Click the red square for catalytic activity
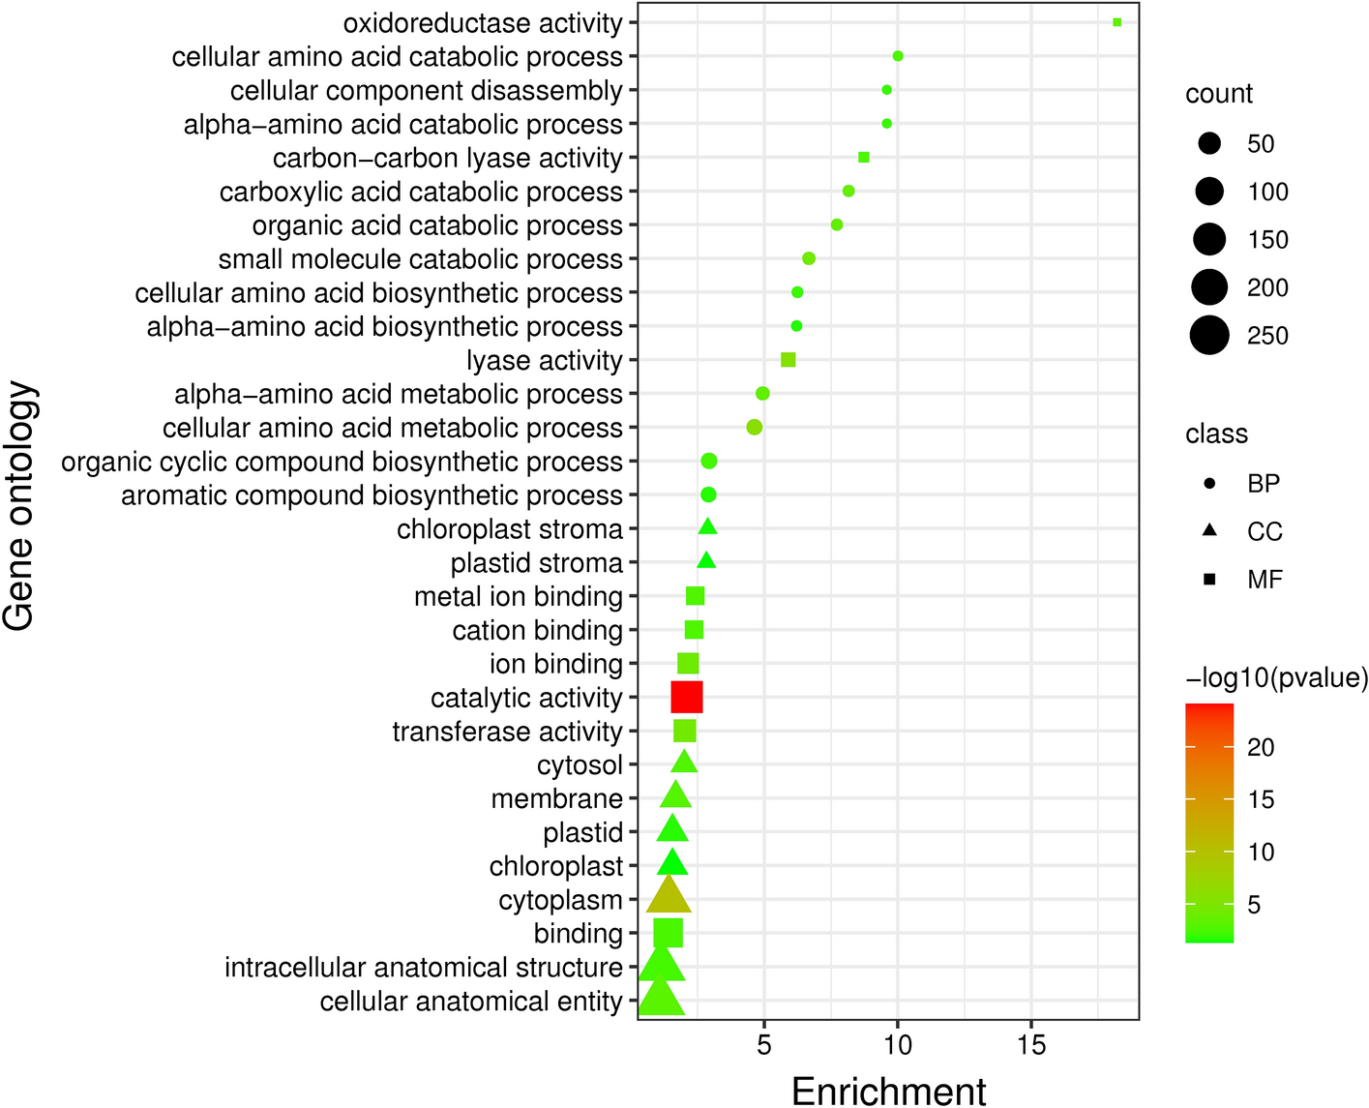[686, 697]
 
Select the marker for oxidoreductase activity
[1116, 22]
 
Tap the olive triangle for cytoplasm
[669, 897]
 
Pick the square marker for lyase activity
[788, 360]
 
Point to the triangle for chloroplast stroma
[707, 527]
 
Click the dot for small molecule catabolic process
[809, 258]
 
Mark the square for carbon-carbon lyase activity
[864, 157]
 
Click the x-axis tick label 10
[898, 1045]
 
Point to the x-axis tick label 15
[1031, 1045]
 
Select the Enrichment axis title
[888, 1091]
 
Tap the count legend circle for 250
[1209, 336]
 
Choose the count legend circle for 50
[1209, 144]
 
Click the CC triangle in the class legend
[1209, 531]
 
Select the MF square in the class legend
[1209, 580]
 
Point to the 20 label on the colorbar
[1261, 747]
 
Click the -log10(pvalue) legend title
[1276, 678]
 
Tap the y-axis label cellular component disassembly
[426, 91]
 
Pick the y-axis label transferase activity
[507, 732]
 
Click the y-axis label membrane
[556, 799]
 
